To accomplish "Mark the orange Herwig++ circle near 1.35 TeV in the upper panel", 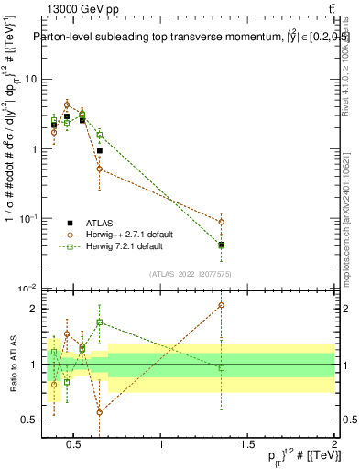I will pyautogui.click(x=221, y=222).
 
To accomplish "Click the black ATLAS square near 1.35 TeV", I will pyautogui.click(x=221, y=245).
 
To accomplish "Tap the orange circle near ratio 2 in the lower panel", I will pyautogui.click(x=221, y=305).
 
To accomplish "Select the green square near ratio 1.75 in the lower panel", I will pyautogui.click(x=99, y=322).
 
